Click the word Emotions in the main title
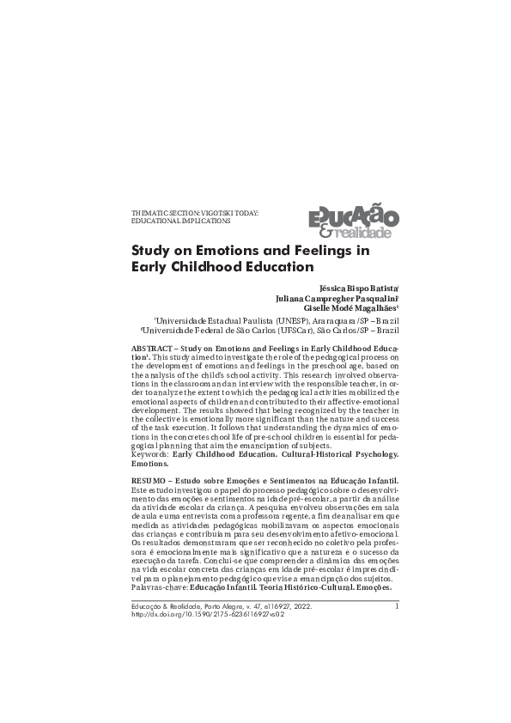click(231, 252)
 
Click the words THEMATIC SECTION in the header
click(163, 211)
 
